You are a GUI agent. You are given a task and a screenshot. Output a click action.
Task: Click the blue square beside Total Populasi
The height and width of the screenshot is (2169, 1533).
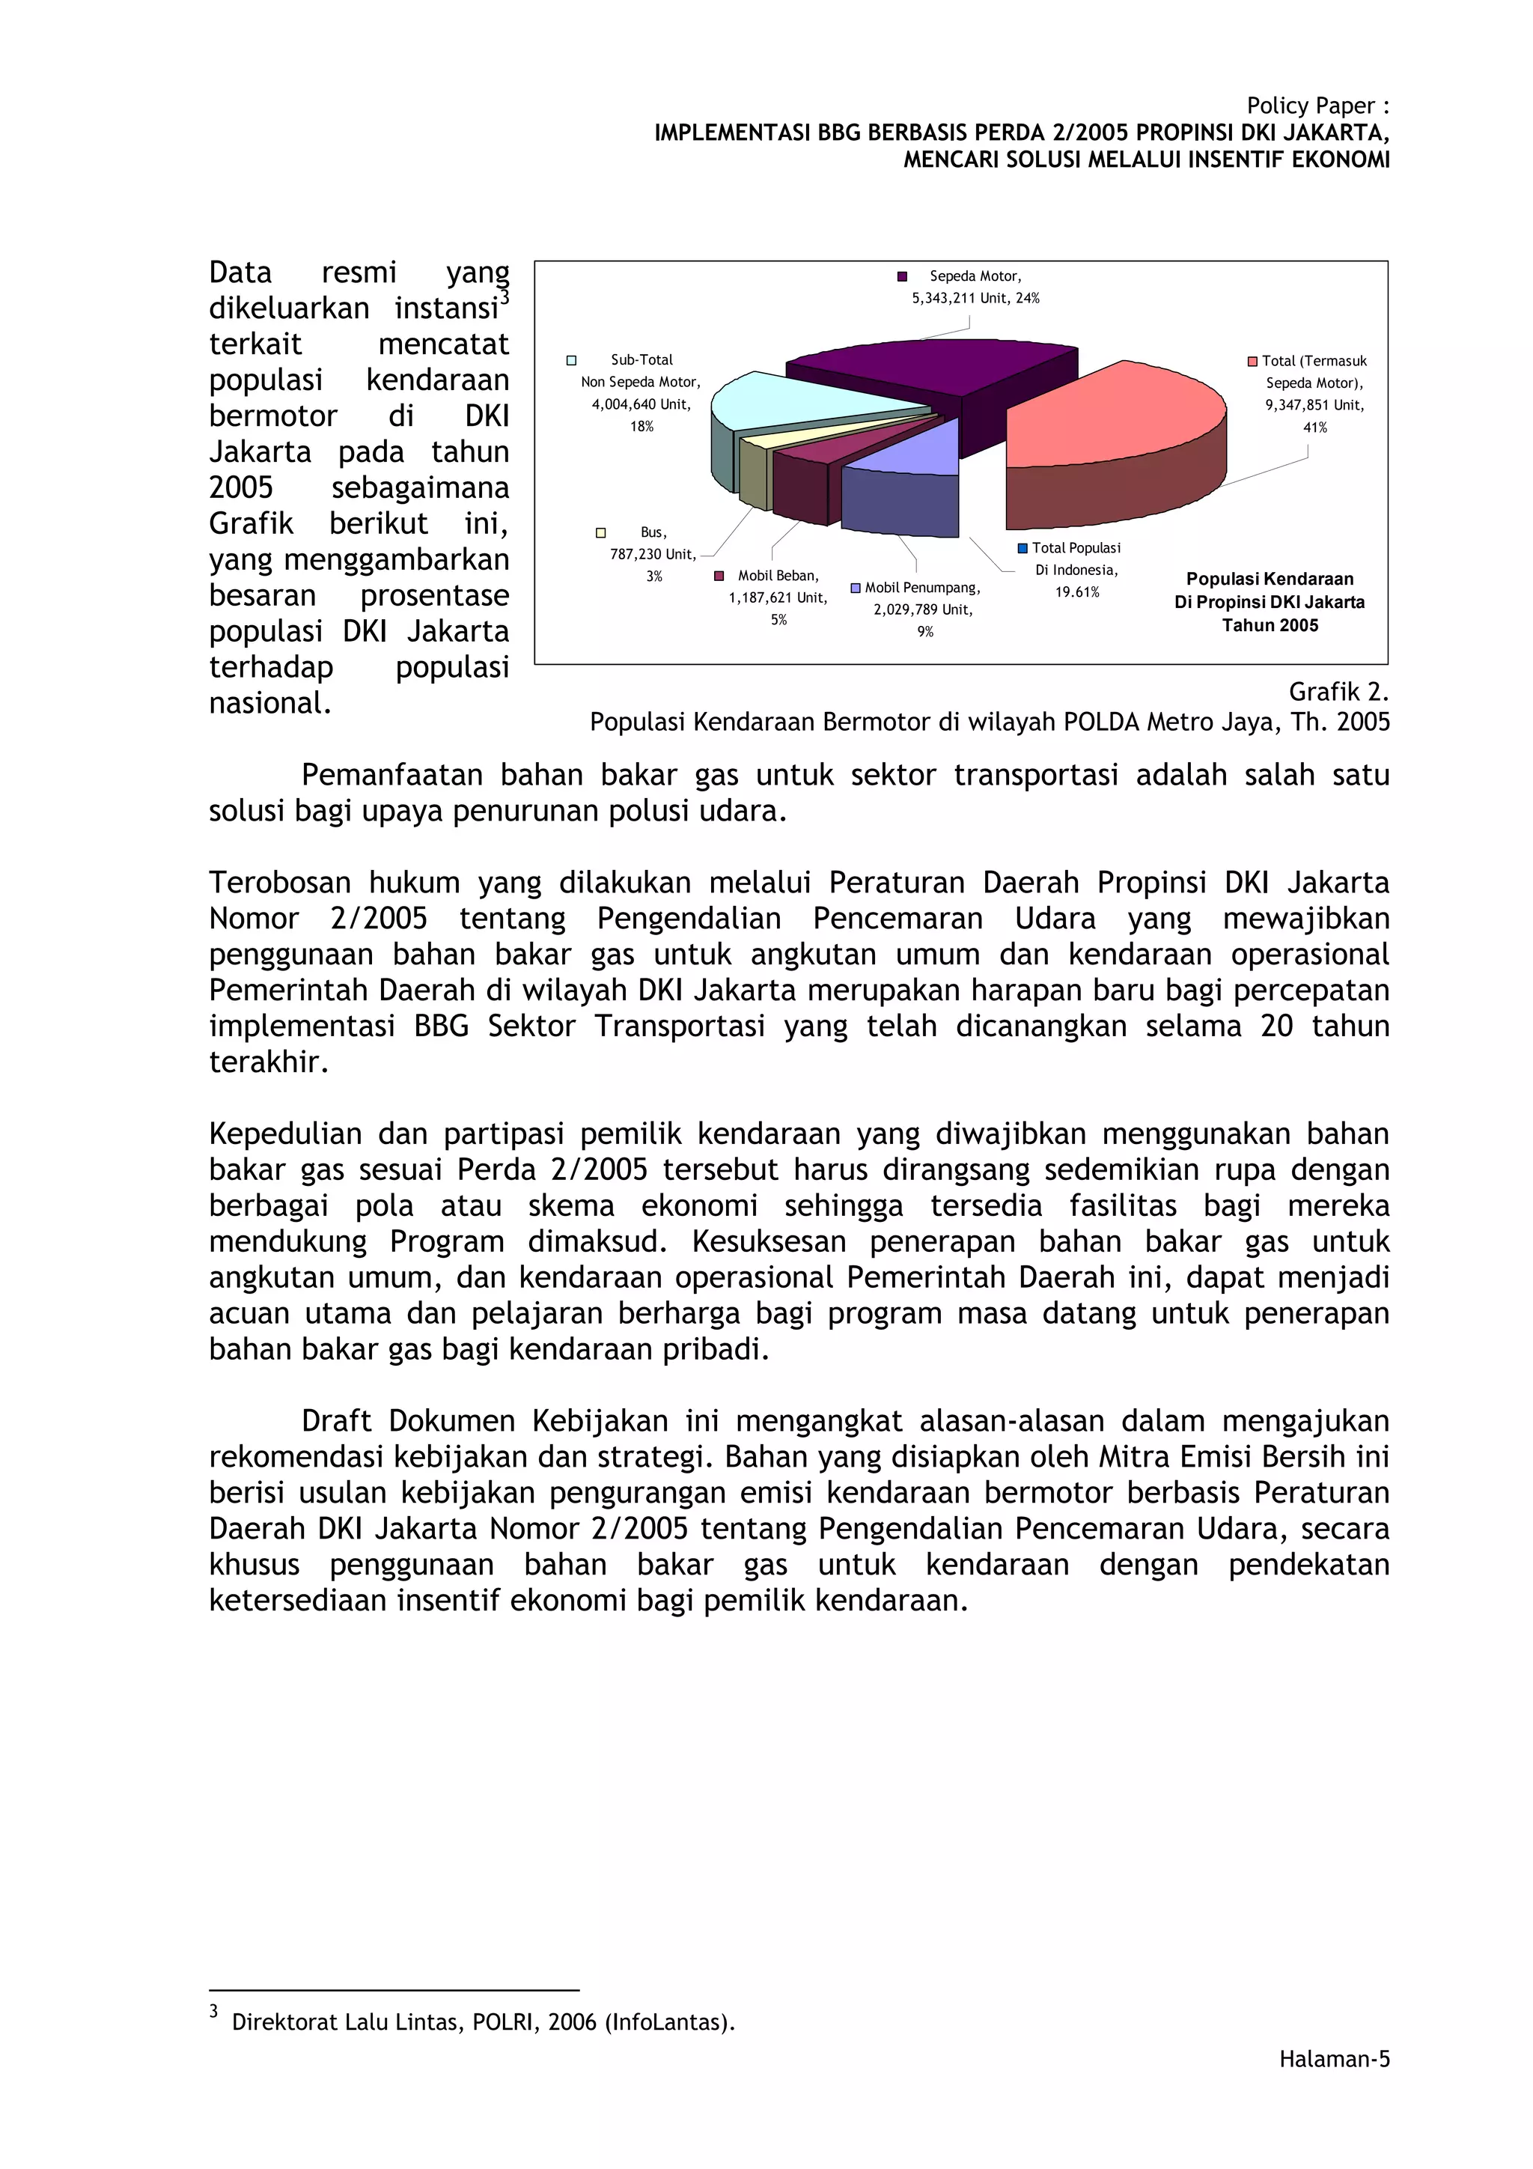coord(1022,549)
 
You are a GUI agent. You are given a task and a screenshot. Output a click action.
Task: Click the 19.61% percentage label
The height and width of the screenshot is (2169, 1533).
coord(1077,592)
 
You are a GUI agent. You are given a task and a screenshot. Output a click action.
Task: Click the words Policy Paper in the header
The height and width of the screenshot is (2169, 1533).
coord(1309,106)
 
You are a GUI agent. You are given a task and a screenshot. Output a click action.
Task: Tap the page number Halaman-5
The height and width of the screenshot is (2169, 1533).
coord(1334,2060)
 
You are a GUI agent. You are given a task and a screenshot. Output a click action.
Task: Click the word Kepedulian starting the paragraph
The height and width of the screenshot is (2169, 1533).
coord(284,1134)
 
